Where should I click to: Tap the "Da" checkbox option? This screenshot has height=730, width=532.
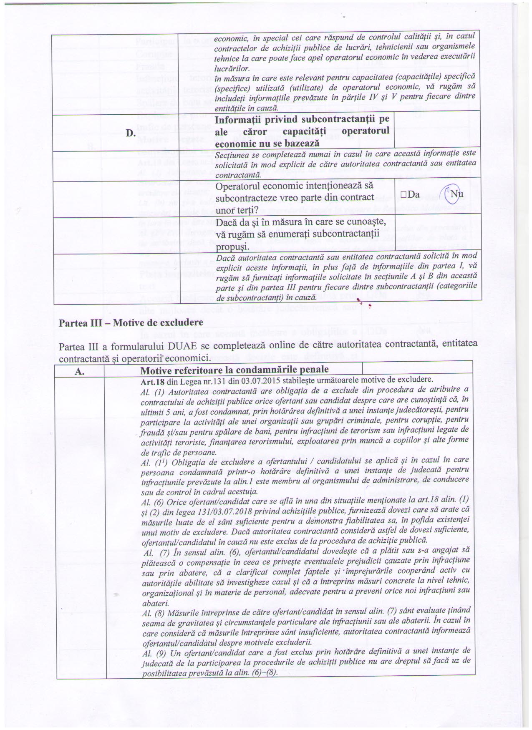coord(410,194)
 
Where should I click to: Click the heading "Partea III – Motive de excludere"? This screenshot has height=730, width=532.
coord(131,322)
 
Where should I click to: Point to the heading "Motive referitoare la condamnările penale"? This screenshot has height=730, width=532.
coord(234,370)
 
